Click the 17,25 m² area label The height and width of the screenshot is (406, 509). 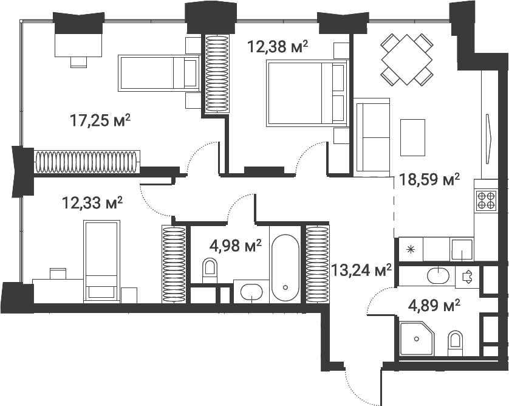click(x=101, y=121)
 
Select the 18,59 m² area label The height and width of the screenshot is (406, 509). click(x=429, y=180)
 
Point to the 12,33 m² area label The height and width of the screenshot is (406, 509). click(x=92, y=201)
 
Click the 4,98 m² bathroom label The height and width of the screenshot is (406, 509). click(x=235, y=246)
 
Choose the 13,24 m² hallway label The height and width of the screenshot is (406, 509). click(x=362, y=270)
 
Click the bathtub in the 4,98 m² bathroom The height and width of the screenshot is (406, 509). click(x=285, y=268)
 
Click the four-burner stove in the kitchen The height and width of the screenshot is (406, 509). click(x=486, y=200)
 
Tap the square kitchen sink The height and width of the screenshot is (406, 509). click(x=461, y=249)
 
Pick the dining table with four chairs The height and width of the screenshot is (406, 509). click(x=406, y=59)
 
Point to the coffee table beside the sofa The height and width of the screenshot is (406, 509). click(x=412, y=137)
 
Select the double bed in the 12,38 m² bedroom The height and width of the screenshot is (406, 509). click(x=307, y=93)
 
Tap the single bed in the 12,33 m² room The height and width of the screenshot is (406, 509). click(x=100, y=260)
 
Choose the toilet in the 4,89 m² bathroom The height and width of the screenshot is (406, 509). click(x=455, y=344)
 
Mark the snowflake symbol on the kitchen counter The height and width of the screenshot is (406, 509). click(x=411, y=249)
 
